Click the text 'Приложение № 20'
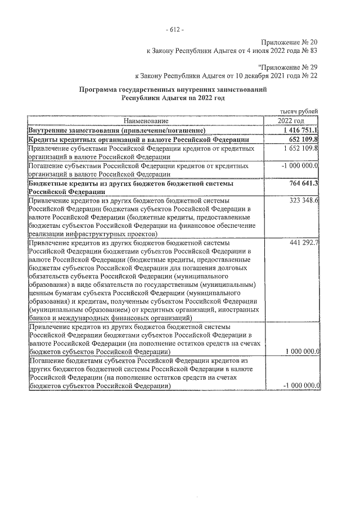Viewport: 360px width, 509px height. pos(290,43)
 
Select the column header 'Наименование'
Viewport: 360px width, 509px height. pos(144,121)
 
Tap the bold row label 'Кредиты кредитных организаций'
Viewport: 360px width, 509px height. pos(84,139)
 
